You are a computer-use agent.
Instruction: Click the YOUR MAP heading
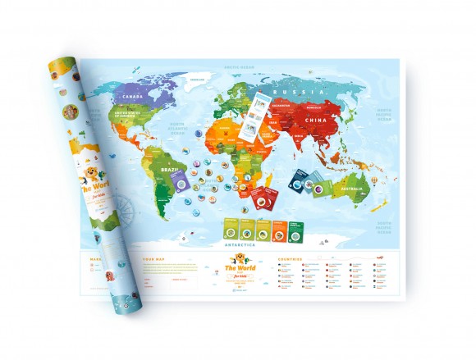coord(155,259)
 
